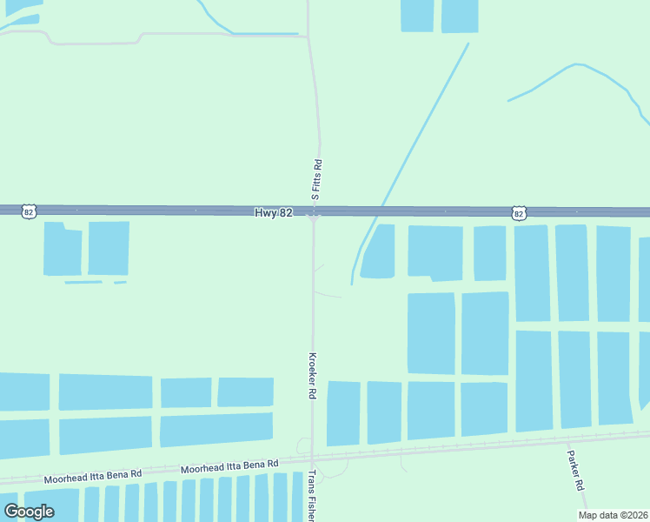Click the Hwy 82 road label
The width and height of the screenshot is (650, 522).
pyautogui.click(x=273, y=212)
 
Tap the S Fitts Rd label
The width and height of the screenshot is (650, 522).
pyautogui.click(x=318, y=180)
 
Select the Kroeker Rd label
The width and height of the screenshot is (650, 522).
pyautogui.click(x=311, y=375)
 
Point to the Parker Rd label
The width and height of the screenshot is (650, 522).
pyautogui.click(x=574, y=471)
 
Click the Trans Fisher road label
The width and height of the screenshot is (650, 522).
pyautogui.click(x=312, y=496)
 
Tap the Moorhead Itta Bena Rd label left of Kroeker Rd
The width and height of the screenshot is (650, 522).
pyautogui.click(x=229, y=467)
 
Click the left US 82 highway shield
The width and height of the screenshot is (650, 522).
pyautogui.click(x=30, y=211)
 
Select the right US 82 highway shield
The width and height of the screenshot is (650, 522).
pyautogui.click(x=519, y=212)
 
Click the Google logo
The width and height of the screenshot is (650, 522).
pyautogui.click(x=29, y=512)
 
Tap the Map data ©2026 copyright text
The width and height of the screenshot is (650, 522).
pyautogui.click(x=613, y=515)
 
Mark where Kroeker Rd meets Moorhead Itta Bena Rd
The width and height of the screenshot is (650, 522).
pyautogui.click(x=312, y=459)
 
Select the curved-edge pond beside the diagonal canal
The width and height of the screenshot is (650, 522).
pyautogui.click(x=379, y=252)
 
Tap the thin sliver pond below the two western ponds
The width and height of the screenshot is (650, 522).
pyautogui.click(x=83, y=282)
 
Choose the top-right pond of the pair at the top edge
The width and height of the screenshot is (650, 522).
pyautogui.click(x=460, y=15)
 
